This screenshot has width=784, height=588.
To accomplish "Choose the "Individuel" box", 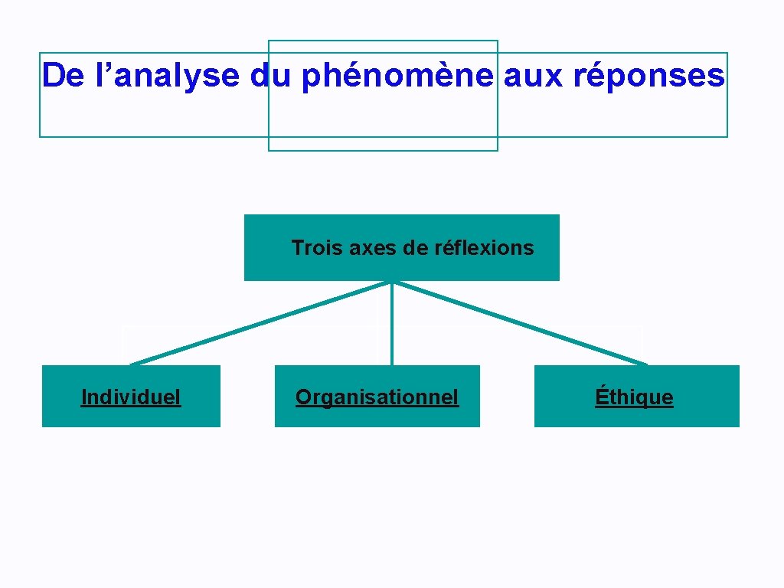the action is [x=131, y=413].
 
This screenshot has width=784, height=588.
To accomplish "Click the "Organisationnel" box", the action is [x=377, y=414].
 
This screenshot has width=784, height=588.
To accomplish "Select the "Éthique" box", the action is [x=636, y=414].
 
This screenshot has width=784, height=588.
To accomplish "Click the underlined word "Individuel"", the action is [x=131, y=397].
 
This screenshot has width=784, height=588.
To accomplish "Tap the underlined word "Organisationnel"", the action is [x=377, y=397].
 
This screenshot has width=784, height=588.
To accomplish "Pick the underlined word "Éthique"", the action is [x=635, y=397].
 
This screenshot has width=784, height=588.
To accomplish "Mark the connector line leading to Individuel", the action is [x=260, y=322].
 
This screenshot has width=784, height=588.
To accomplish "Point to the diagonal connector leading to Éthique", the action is [x=521, y=322].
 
